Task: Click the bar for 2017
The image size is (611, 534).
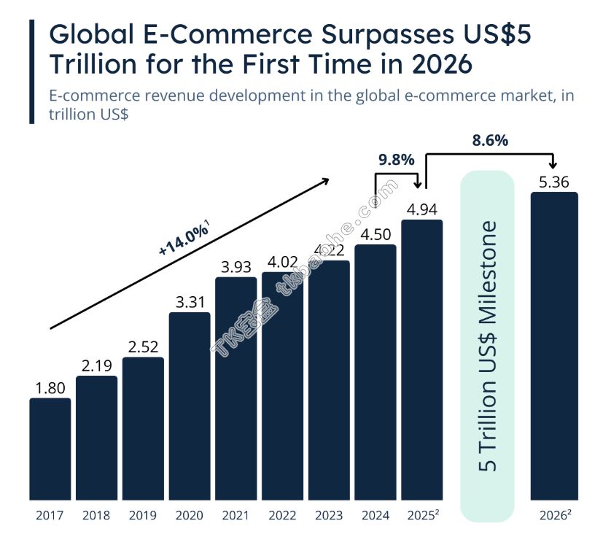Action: click(x=50, y=449)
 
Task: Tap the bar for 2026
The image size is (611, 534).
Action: click(x=554, y=346)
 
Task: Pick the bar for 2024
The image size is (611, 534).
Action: click(x=375, y=372)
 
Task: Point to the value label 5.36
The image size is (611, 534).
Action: click(x=554, y=182)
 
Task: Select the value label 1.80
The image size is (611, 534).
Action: click(x=50, y=388)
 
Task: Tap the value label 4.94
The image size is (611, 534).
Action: click(x=422, y=209)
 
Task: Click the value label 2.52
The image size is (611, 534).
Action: click(x=143, y=347)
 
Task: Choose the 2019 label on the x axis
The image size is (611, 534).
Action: click(x=143, y=516)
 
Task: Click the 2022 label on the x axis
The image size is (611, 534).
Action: click(x=282, y=516)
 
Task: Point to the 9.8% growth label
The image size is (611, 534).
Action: click(x=397, y=160)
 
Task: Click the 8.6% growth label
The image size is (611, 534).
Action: click(x=490, y=141)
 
